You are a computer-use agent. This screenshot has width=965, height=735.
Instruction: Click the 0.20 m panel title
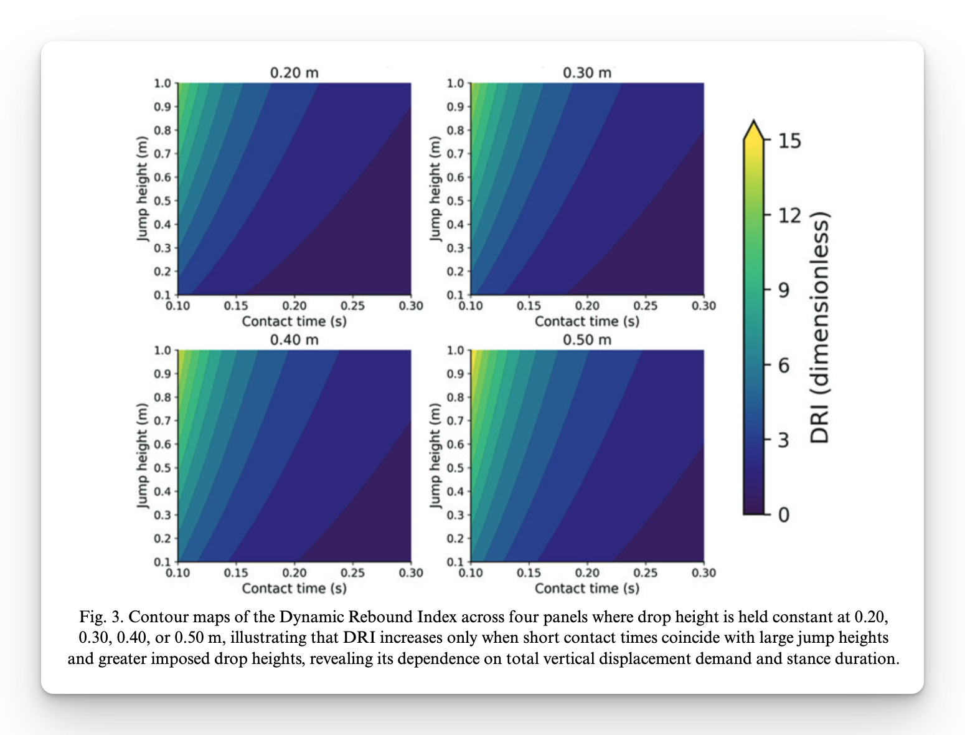click(x=294, y=73)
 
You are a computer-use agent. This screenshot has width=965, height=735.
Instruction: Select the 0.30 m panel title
click(x=587, y=73)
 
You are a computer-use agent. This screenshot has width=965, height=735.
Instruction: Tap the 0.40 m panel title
click(x=294, y=340)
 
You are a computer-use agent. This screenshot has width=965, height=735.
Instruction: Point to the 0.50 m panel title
click(x=587, y=340)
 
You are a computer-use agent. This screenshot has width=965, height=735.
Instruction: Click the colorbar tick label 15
click(x=789, y=141)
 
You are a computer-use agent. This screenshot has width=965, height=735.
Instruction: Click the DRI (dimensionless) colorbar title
click(x=820, y=328)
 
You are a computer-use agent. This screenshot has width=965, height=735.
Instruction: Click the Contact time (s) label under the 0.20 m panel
click(x=294, y=321)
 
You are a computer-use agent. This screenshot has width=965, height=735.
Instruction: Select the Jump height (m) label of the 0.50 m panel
click(x=435, y=455)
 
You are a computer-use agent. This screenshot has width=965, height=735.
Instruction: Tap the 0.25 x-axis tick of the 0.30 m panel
click(x=645, y=306)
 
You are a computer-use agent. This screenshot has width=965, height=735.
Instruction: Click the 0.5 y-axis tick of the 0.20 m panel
click(x=162, y=201)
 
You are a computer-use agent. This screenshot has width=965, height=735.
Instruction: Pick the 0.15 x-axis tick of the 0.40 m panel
click(x=236, y=573)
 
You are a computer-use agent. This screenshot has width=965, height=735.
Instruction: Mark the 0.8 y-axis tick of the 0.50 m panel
click(x=455, y=397)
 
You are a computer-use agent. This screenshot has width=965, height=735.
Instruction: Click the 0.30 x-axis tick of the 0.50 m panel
click(x=704, y=573)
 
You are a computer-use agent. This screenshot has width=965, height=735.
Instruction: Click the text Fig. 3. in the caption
click(x=101, y=617)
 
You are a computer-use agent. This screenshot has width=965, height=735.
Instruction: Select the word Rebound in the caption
click(x=381, y=617)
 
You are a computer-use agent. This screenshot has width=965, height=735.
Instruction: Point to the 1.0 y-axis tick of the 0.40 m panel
click(x=162, y=350)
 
